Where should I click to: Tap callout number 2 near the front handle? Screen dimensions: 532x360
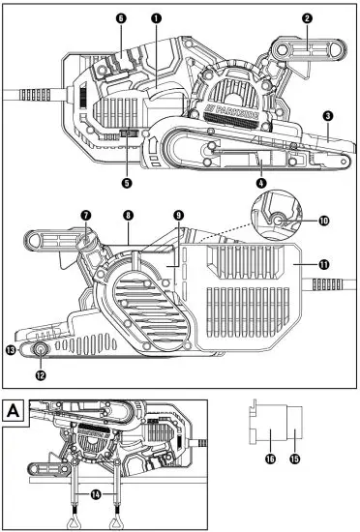[x=306, y=17]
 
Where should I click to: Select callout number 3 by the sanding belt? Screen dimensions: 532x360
[x=328, y=116]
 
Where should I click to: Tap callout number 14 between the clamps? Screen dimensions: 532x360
[x=95, y=494]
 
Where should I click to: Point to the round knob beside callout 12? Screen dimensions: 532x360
[x=42, y=350]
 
